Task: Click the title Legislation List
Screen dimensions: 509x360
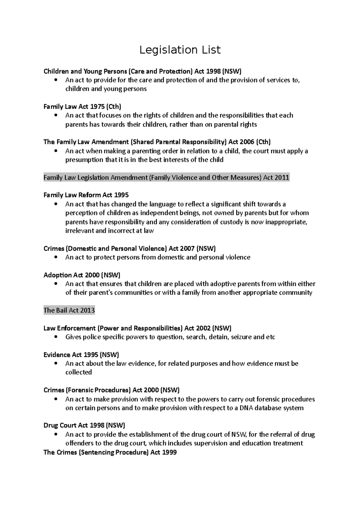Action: (180, 50)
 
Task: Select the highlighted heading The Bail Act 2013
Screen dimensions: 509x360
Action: (69, 310)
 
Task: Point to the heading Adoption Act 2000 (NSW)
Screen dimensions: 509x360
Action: (82, 275)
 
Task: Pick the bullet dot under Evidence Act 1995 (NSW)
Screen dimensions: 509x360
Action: (56, 364)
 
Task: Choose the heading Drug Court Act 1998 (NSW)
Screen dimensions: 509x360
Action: (84, 425)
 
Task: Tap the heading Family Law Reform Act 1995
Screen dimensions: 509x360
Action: (86, 195)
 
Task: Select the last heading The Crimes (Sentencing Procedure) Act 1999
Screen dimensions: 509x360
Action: (110, 452)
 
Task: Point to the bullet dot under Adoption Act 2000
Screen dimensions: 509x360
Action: (56, 284)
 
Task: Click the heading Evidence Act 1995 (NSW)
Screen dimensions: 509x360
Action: (81, 355)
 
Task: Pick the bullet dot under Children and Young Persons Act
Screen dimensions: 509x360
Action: (56, 80)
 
